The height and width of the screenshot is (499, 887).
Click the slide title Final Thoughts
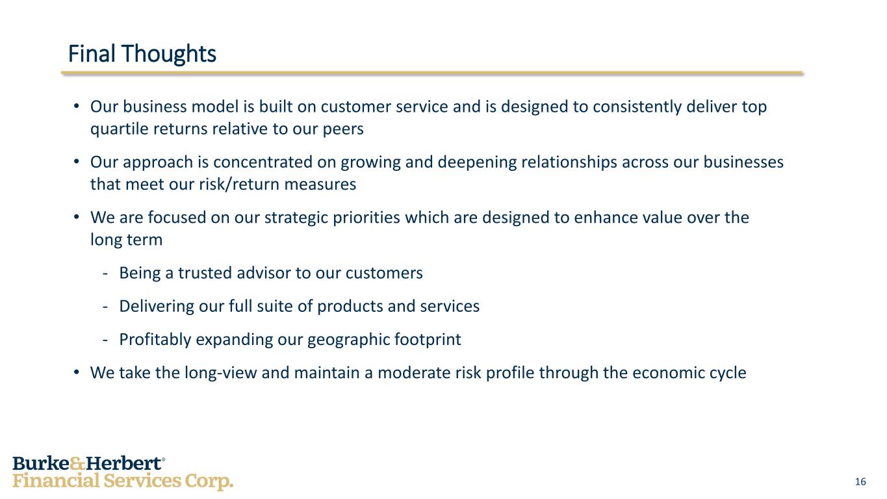tap(142, 55)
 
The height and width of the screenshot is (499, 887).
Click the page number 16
tap(860, 481)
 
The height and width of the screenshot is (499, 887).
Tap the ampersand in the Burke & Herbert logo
tap(77, 464)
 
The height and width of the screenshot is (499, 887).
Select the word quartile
tap(120, 129)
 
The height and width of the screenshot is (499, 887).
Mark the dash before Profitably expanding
tap(105, 340)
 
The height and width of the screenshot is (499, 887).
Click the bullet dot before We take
tap(77, 372)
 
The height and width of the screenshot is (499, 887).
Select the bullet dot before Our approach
tap(77, 162)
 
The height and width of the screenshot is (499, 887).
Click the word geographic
tap(348, 340)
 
